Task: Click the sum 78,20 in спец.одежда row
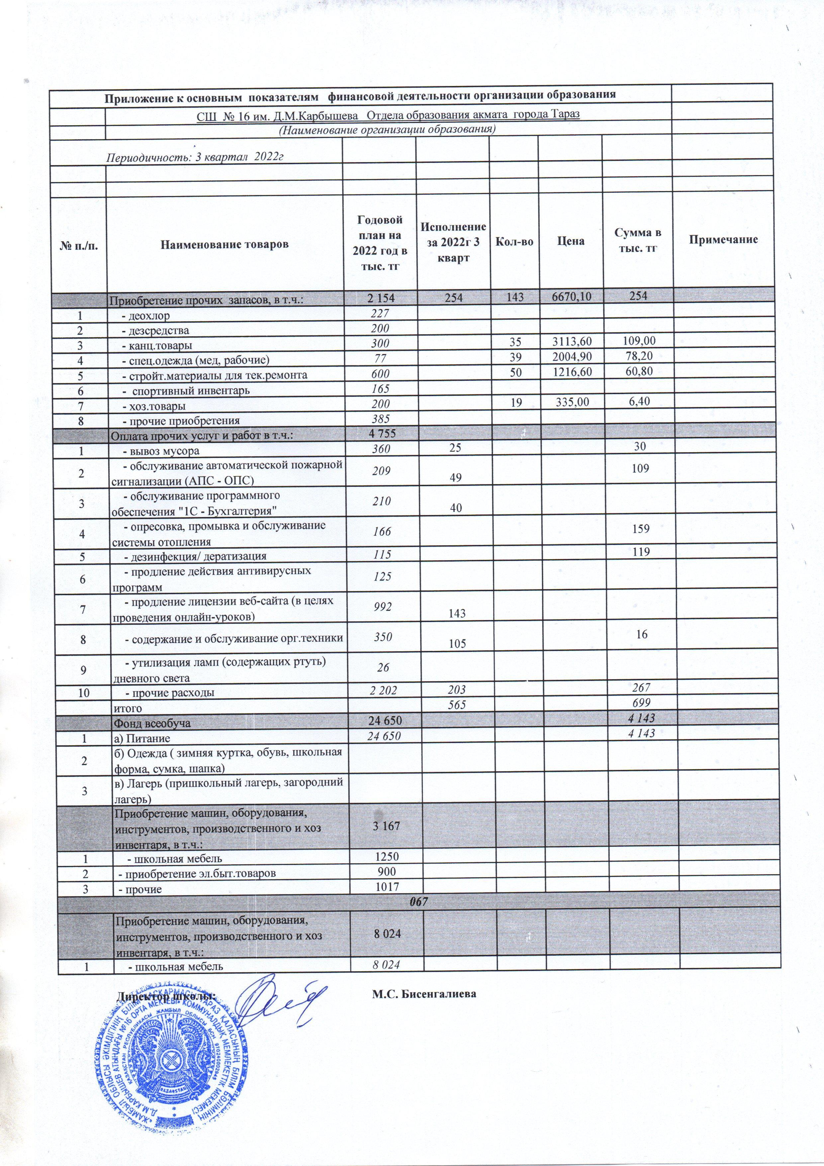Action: tap(637, 360)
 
